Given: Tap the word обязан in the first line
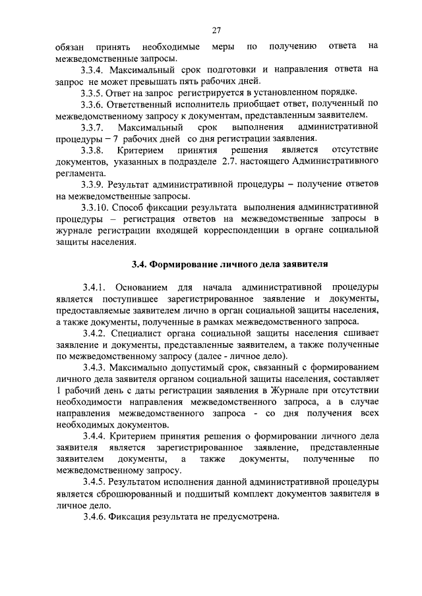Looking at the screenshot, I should pyautogui.click(x=71, y=46).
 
